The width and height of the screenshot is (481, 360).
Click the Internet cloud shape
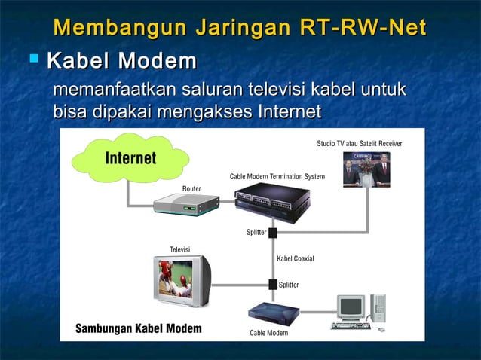[130, 158]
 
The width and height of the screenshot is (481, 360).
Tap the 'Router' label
[191, 188]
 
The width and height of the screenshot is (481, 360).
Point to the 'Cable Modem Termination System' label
[277, 176]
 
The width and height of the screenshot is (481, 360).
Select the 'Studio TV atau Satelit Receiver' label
[359, 143]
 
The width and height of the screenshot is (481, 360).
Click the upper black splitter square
[273, 233]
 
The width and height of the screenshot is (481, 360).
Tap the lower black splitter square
[273, 285]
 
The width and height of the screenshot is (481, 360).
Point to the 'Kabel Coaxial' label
[296, 259]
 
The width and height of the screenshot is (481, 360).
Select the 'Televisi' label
[179, 249]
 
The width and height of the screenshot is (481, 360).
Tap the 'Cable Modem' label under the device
[268, 332]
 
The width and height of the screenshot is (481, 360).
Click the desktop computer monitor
[351, 307]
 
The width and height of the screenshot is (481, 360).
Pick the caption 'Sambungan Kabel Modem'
[138, 329]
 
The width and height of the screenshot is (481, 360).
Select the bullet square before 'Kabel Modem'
[33, 58]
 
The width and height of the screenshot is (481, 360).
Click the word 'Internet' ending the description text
[290, 112]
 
